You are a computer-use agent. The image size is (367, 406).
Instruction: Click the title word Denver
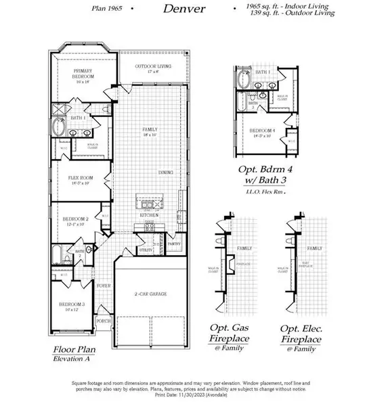(x=183, y=9)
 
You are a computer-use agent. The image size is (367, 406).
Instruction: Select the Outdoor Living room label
(x=152, y=67)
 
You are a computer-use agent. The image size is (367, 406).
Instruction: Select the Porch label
(x=104, y=321)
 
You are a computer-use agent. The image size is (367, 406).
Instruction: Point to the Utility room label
(x=144, y=249)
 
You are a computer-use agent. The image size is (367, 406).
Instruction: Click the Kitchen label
(x=149, y=215)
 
